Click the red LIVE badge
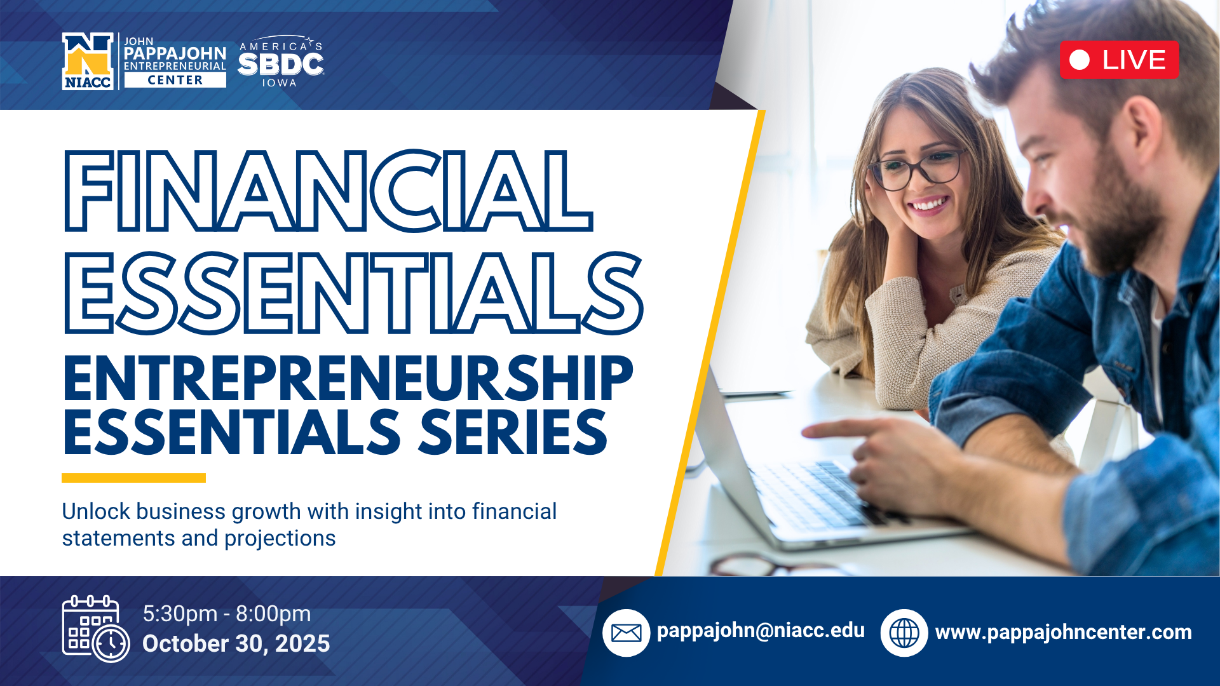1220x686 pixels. pyautogui.click(x=1119, y=60)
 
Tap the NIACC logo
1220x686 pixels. pyautogui.click(x=88, y=61)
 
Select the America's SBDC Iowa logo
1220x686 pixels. pyautogui.click(x=280, y=61)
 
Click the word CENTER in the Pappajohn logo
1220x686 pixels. pyautogui.click(x=175, y=80)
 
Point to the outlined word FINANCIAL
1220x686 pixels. pyautogui.click(x=329, y=191)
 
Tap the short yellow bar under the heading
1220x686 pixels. pyautogui.click(x=133, y=478)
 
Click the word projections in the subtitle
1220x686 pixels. pyautogui.click(x=280, y=539)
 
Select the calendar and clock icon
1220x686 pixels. pyautogui.click(x=96, y=629)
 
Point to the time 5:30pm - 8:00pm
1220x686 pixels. pyautogui.click(x=227, y=614)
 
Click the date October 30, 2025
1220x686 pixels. pyautogui.click(x=236, y=643)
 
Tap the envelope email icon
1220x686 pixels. pyautogui.click(x=626, y=633)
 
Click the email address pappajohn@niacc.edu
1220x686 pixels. pyautogui.click(x=761, y=630)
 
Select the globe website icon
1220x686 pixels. pyautogui.click(x=904, y=633)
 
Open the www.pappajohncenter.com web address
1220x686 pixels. pyautogui.click(x=1064, y=632)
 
